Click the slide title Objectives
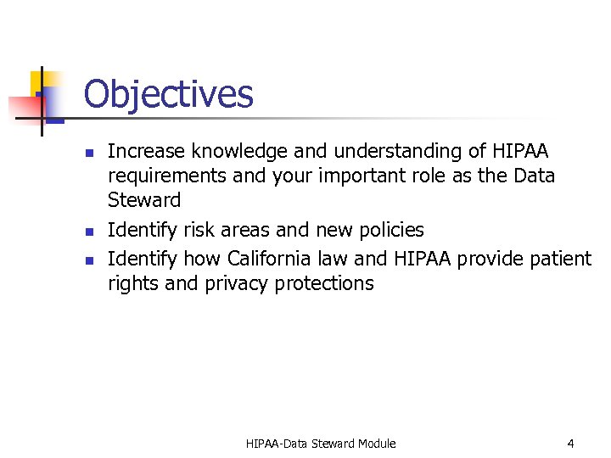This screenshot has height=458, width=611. click(x=168, y=94)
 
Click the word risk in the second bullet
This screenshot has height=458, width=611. click(x=200, y=230)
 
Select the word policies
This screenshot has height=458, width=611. click(x=390, y=230)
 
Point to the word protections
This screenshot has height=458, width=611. click(x=323, y=283)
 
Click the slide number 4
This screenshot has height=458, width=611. click(x=570, y=444)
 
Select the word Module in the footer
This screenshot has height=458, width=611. click(x=376, y=444)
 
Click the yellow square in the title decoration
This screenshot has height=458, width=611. click(x=36, y=82)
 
